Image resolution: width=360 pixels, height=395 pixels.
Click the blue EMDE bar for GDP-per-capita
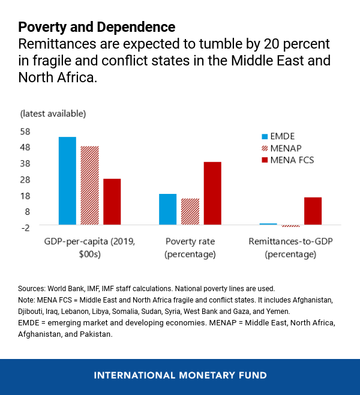[67, 180]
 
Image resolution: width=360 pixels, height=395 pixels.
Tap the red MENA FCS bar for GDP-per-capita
[112, 201]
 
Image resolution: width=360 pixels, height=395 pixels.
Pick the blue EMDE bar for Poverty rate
[167, 209]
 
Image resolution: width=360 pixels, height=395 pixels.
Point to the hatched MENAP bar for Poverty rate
[190, 211]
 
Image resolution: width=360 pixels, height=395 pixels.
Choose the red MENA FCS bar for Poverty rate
[212, 193]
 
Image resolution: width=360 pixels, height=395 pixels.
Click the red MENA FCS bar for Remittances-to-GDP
[313, 211]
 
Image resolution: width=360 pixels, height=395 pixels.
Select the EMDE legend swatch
[265, 136]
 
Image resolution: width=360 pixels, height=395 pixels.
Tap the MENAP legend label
[287, 148]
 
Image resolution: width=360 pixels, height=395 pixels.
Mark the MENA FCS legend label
[292, 160]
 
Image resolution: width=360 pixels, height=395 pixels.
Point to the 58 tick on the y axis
[25, 131]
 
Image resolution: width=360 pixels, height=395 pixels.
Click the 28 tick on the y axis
[25, 179]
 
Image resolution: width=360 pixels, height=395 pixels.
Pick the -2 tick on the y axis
[25, 228]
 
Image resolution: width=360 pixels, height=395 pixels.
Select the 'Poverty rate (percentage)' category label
[190, 248]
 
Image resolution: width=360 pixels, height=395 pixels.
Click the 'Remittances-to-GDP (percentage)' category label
[290, 248]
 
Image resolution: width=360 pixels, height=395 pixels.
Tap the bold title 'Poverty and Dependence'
[97, 27]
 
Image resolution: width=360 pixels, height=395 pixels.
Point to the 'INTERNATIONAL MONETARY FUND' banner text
[179, 376]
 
